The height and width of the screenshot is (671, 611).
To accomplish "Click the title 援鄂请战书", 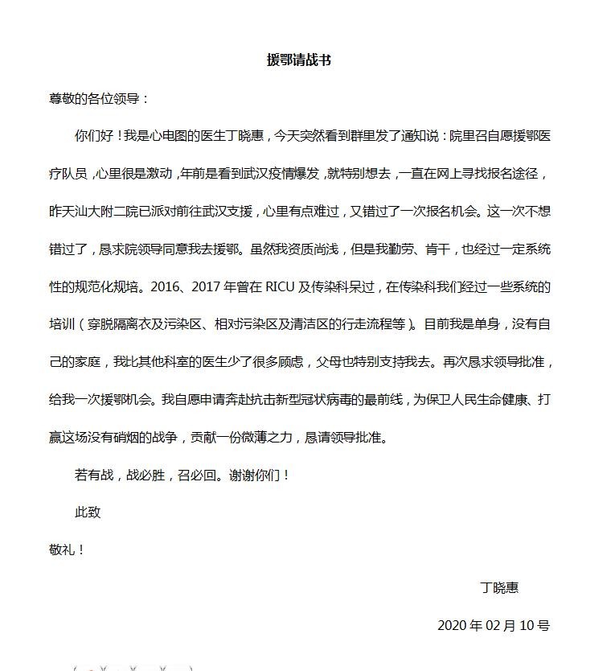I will point(298,60).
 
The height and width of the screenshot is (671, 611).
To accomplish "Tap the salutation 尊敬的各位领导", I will point(95,99).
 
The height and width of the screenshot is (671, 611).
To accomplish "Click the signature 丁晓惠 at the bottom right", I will point(498,587).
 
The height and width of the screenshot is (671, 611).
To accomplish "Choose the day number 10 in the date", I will point(529,625).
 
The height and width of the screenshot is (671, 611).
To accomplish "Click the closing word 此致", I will point(88,512).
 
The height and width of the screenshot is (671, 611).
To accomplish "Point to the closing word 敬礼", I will point(62,550).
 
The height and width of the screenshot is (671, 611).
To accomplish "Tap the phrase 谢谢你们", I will point(256,475).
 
